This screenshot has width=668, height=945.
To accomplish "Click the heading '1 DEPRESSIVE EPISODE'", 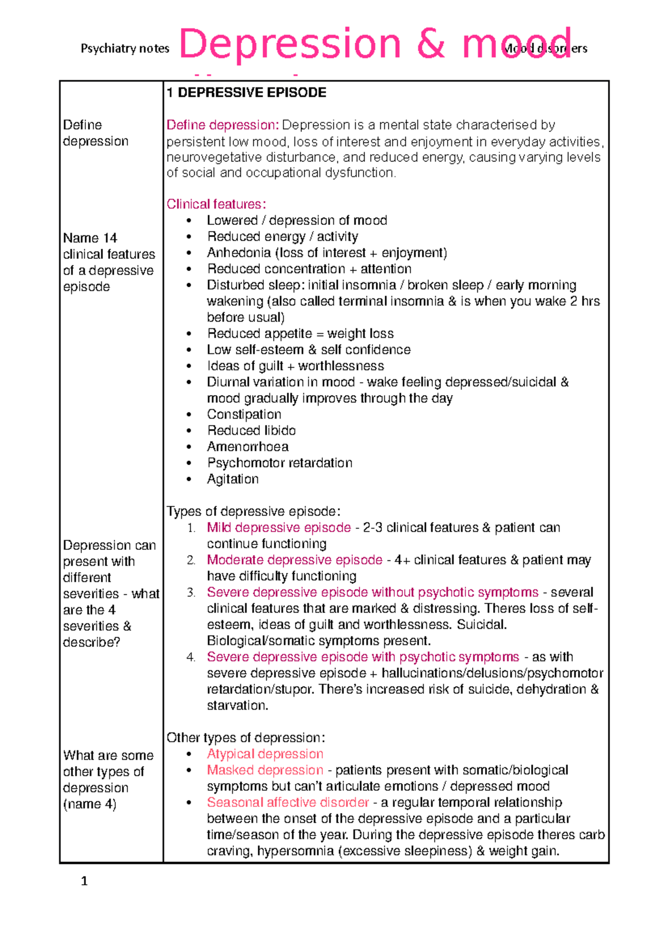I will coord(247,92).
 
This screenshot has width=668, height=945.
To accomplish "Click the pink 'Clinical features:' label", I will coord(216,204).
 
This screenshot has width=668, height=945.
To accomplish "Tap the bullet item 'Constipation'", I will coord(244,415).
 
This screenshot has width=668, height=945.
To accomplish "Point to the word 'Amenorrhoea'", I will coord(248,447).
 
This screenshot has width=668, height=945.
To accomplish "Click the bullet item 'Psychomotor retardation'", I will coord(279,463).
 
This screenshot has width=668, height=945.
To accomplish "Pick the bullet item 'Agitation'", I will coord(233,479).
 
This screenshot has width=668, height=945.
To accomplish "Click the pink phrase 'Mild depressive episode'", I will coord(278,528).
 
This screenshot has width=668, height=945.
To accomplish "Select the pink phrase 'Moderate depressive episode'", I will coord(294,560).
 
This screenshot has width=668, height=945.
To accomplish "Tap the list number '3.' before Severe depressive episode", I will coord(191,593).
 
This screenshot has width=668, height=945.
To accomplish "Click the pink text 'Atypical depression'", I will coord(265,754).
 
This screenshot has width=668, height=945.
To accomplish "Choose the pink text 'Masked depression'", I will coord(265,770).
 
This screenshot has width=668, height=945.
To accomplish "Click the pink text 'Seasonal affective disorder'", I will coord(288,803).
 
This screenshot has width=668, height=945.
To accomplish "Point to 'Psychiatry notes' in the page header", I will coord(125,49).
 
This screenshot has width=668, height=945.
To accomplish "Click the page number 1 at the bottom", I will coord(84,881).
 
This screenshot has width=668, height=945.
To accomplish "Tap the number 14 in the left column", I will coord(110,238).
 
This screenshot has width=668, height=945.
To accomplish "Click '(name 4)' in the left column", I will coord(90,804).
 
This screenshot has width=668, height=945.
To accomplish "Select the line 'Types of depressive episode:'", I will coord(253,511).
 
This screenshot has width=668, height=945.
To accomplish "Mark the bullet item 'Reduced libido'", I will coord(251,431).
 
